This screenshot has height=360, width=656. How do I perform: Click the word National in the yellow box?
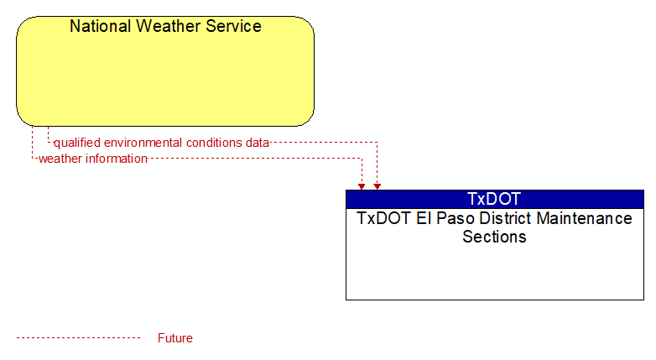tap(101, 26)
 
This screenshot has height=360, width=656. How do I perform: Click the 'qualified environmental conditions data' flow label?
tap(161, 143)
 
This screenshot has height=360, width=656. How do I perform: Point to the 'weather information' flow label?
tap(93, 159)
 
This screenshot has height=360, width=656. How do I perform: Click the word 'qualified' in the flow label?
tap(77, 143)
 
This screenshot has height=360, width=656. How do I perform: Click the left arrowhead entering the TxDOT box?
tap(362, 186)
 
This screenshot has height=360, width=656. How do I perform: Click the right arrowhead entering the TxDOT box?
tap(377, 186)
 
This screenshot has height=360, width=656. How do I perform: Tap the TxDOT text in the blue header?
tap(494, 199)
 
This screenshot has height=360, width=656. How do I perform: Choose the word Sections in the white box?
tap(494, 237)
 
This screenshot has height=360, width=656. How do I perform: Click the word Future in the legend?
tap(174, 338)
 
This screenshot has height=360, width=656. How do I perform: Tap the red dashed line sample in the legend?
tap(78, 337)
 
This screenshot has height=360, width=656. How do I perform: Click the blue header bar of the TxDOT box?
tap(494, 199)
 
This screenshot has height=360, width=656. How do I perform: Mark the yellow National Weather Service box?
tap(165, 71)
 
